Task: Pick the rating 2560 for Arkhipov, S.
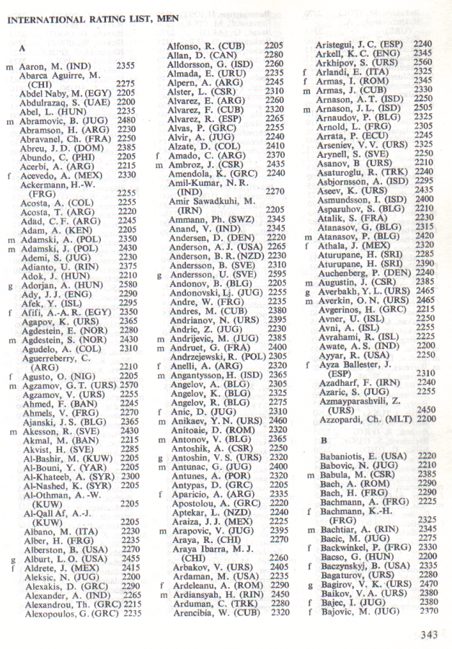point(422,62)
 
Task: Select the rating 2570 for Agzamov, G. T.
point(128,385)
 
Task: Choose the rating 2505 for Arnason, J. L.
point(422,107)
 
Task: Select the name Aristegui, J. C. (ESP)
point(360,44)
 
